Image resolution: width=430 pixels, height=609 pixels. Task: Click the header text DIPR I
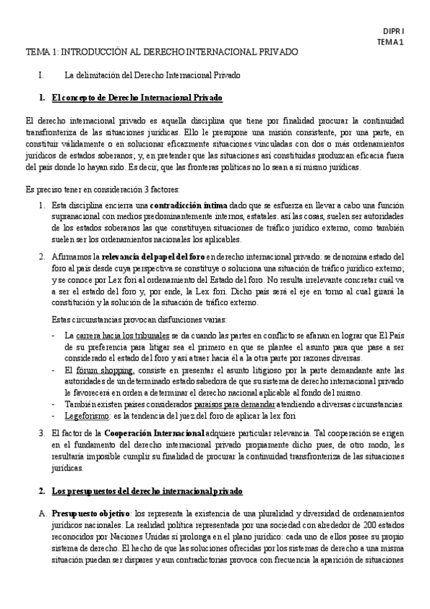point(393,32)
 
